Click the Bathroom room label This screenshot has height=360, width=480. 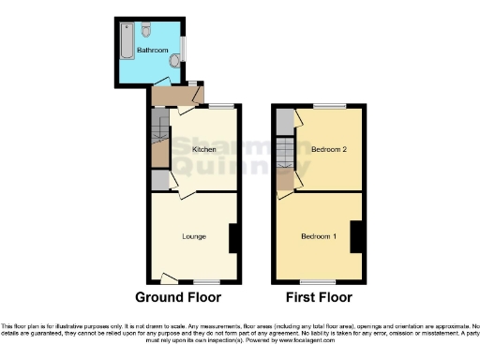(x=152, y=49)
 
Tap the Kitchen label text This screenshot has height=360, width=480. (x=204, y=149)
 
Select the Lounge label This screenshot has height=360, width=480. (x=194, y=236)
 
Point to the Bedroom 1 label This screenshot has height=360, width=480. (x=318, y=235)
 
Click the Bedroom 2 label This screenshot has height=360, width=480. (x=325, y=149)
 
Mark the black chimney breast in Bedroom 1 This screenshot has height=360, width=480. (x=357, y=236)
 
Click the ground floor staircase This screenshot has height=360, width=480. (x=159, y=137)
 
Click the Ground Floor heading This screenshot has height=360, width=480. (x=178, y=298)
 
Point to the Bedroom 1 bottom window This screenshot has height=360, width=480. (x=322, y=282)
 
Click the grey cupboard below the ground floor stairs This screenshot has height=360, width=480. (x=159, y=179)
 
